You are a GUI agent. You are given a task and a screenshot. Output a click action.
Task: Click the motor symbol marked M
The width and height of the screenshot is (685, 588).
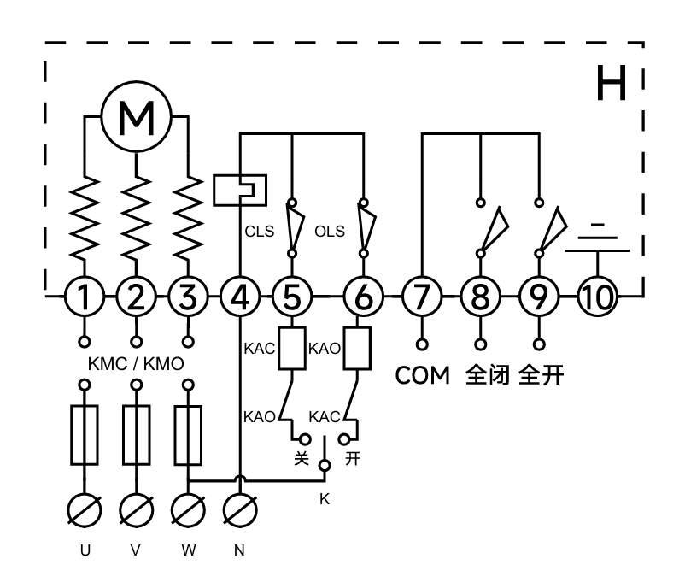[x=136, y=121]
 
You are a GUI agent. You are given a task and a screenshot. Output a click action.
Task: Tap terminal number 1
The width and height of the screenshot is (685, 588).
[x=84, y=297]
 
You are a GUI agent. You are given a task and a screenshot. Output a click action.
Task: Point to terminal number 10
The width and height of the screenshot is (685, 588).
[x=595, y=297]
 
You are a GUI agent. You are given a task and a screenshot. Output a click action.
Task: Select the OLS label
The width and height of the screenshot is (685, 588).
[x=328, y=231]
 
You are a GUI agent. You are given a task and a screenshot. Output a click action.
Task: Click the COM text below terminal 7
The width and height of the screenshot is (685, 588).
[x=422, y=375]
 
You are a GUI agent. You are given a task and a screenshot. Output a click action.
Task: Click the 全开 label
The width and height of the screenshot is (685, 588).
[x=541, y=375]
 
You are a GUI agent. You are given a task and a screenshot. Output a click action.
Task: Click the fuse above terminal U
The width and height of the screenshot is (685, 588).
[x=84, y=435]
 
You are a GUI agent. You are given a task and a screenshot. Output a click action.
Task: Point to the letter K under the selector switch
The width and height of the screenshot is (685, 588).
[x=325, y=498]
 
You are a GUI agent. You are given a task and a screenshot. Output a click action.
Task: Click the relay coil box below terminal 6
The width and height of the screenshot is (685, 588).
[x=355, y=349]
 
